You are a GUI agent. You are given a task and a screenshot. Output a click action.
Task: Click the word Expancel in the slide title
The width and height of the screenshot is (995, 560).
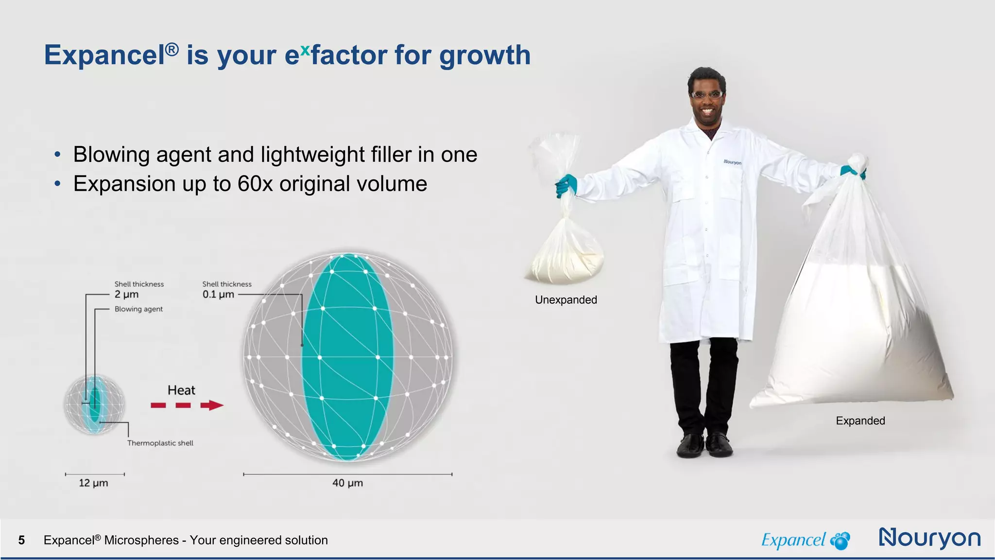(x=105, y=55)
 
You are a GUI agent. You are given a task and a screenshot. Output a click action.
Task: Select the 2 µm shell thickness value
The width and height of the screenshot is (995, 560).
(x=126, y=295)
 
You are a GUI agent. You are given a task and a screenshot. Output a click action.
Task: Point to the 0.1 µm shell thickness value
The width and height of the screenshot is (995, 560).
(x=218, y=295)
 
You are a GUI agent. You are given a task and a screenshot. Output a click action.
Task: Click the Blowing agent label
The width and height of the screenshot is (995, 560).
(x=138, y=309)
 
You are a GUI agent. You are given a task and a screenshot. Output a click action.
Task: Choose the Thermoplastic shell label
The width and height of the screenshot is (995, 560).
(x=160, y=443)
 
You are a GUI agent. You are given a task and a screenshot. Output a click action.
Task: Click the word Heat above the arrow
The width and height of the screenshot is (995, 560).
(x=181, y=390)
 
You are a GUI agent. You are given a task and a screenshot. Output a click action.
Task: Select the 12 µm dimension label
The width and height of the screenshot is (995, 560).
(x=93, y=483)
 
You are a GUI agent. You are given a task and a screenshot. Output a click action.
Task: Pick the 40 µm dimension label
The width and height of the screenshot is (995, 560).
(x=347, y=483)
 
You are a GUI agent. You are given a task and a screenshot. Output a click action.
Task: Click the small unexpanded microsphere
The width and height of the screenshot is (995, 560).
(x=94, y=404)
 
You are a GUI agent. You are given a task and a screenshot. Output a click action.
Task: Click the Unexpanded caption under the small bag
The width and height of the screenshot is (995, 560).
(x=566, y=300)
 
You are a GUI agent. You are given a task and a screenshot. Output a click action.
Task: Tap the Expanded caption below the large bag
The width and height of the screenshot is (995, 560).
(x=860, y=421)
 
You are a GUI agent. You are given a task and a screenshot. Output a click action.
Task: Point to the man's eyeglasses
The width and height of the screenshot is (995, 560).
(x=707, y=95)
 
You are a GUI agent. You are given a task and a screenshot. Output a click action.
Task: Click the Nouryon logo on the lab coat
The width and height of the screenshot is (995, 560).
(x=732, y=162)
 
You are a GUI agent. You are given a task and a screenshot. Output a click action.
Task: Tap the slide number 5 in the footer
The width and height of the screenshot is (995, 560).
(x=21, y=540)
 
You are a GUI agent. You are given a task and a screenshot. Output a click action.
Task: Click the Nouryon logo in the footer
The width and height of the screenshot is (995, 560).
(x=930, y=538)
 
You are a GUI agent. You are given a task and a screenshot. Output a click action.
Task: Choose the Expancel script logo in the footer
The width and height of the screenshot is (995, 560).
(x=793, y=540)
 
